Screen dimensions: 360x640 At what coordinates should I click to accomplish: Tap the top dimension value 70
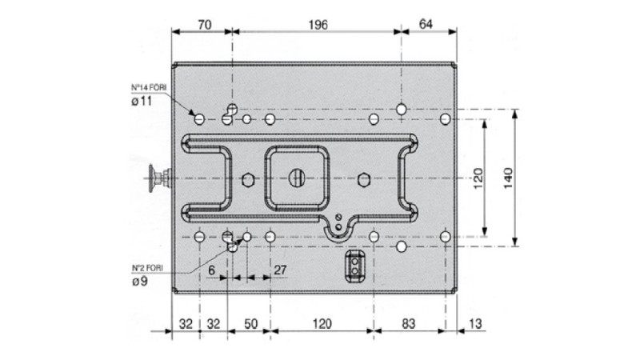pyautogui.click(x=203, y=25)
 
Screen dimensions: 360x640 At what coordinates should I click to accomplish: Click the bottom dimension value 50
pyautogui.click(x=250, y=325)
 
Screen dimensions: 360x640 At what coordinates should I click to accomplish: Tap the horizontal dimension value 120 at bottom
pyautogui.click(x=321, y=325)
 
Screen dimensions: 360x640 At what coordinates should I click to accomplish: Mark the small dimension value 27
pyautogui.click(x=279, y=270)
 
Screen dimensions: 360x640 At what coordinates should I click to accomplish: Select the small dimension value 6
pyautogui.click(x=211, y=270)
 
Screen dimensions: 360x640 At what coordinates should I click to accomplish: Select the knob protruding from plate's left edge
pyautogui.click(x=157, y=177)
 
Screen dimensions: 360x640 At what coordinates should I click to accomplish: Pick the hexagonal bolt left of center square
pyautogui.click(x=247, y=177)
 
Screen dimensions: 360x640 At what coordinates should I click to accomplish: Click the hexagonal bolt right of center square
pyautogui.click(x=364, y=177)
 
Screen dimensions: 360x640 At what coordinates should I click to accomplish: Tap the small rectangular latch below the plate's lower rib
pyautogui.click(x=353, y=267)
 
